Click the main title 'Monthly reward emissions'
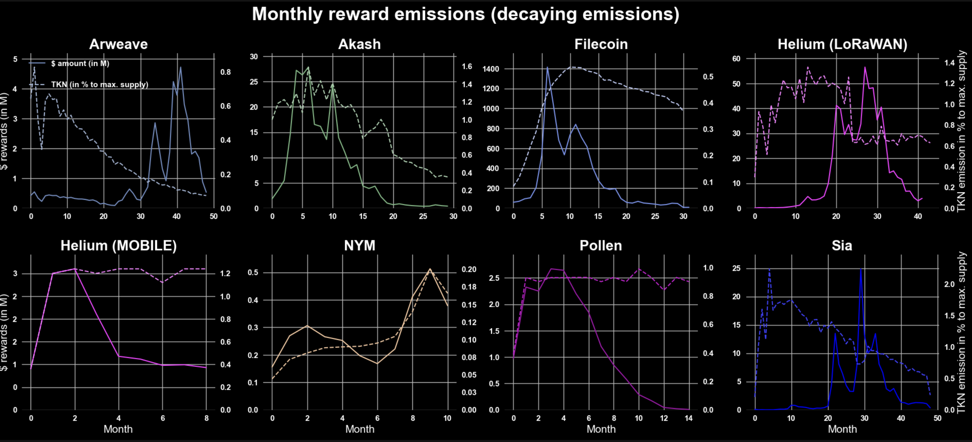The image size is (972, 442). click(x=465, y=14)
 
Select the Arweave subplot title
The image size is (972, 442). click(x=118, y=44)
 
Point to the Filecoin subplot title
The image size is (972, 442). click(x=601, y=44)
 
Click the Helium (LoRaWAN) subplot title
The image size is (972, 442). click(x=842, y=44)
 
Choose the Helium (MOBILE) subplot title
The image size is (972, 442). click(x=118, y=245)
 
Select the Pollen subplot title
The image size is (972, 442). click(x=601, y=245)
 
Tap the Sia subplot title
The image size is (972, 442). click(x=842, y=245)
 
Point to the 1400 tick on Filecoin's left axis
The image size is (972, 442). click(x=490, y=69)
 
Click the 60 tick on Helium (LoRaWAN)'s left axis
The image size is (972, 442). click(x=736, y=58)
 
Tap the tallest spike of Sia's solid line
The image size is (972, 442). click(x=861, y=269)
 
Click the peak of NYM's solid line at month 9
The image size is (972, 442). click(x=430, y=269)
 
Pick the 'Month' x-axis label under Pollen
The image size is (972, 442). click(x=601, y=429)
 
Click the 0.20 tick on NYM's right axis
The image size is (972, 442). click(x=469, y=269)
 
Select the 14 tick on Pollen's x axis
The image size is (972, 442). click(x=688, y=418)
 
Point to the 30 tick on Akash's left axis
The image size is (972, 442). click(x=254, y=57)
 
